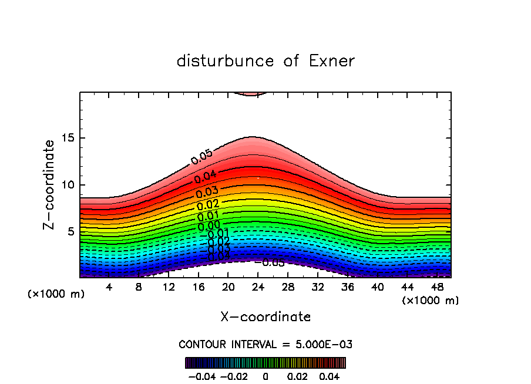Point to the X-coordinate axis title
(x=265, y=317)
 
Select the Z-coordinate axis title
(x=50, y=184)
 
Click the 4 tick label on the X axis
(x=109, y=287)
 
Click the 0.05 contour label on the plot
(x=201, y=157)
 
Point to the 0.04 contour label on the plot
(x=206, y=176)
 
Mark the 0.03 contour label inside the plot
(x=207, y=192)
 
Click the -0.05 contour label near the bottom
(x=273, y=262)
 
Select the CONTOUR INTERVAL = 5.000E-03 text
(x=265, y=344)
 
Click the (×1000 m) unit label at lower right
(x=430, y=300)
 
